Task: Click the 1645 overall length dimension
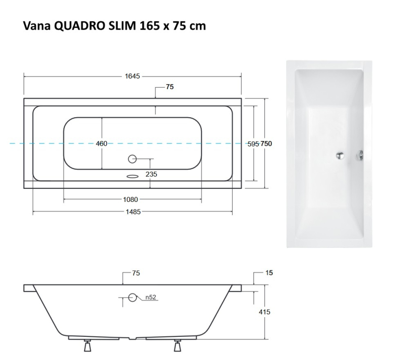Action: pos(132,76)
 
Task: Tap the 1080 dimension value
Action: pos(130,199)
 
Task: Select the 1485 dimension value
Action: pos(133,212)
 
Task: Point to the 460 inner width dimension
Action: pos(102,143)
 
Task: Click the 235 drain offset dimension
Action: pos(151,174)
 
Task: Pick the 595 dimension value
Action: pos(253,144)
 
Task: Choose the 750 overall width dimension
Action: pos(266,143)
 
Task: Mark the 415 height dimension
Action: pos(264,312)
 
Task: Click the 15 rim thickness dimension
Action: pos(269,272)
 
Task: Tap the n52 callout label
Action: pos(151,297)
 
